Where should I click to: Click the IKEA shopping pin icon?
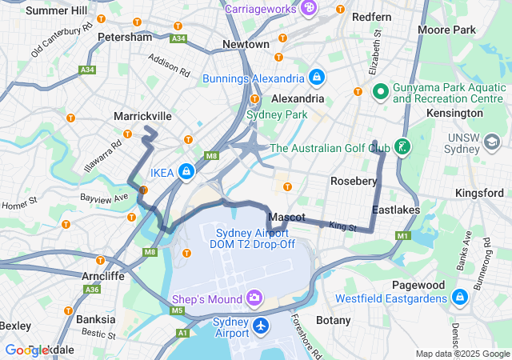click(186, 171)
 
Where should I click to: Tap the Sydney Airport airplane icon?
click(261, 326)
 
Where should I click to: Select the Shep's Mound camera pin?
click(254, 298)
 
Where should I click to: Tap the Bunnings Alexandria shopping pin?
click(317, 78)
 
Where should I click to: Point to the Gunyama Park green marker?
click(378, 93)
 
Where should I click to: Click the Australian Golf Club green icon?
click(403, 147)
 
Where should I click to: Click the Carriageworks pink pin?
click(309, 8)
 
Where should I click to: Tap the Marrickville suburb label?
click(142, 116)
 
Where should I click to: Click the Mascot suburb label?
click(286, 218)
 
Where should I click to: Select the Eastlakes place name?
click(395, 210)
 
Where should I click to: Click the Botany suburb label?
click(333, 320)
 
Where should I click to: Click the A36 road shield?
click(93, 290)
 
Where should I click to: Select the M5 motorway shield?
click(178, 310)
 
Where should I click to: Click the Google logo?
click(28, 350)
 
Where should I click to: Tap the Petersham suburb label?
click(124, 37)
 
